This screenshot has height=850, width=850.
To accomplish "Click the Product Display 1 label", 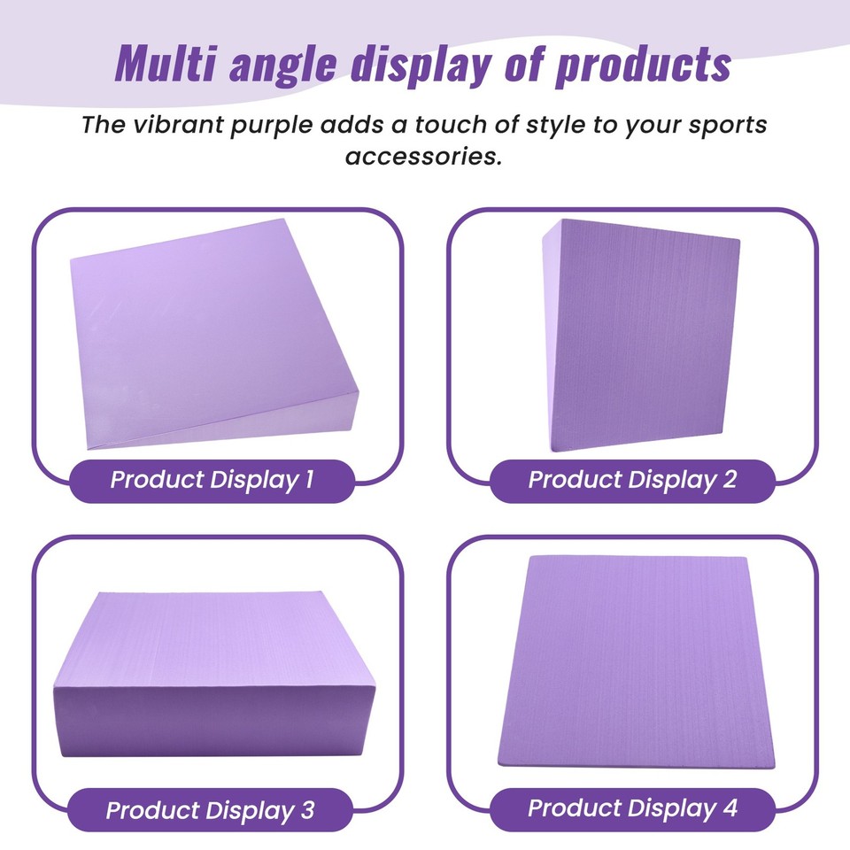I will pyautogui.click(x=212, y=481).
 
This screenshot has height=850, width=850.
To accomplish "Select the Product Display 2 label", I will pyautogui.click(x=632, y=481).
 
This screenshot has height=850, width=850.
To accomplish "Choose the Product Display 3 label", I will pyautogui.click(x=211, y=810).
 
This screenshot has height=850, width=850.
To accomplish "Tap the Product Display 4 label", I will pyautogui.click(x=632, y=808).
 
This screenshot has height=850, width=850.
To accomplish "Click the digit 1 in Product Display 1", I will pyautogui.click(x=308, y=481).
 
